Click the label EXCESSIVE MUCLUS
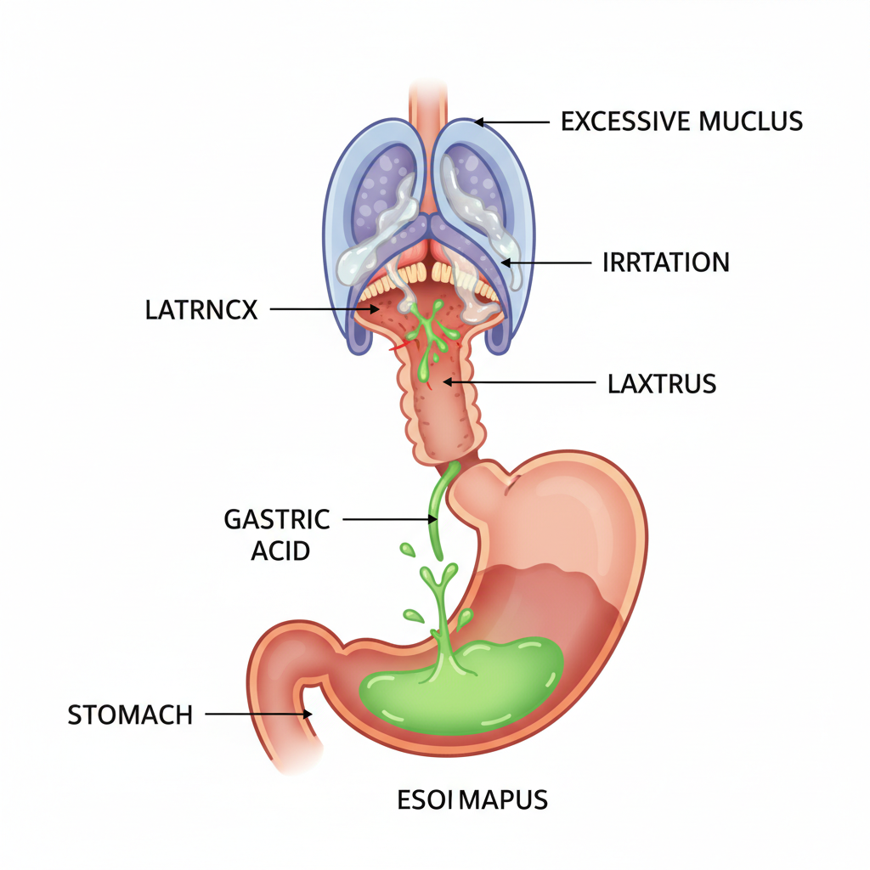681,121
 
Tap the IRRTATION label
665,263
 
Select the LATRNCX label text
201,310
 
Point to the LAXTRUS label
662,384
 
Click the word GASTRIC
277,518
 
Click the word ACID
280,551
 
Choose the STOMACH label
130,715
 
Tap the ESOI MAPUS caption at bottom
472,799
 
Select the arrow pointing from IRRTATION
545,263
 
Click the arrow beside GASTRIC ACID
387,518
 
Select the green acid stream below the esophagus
437,510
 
